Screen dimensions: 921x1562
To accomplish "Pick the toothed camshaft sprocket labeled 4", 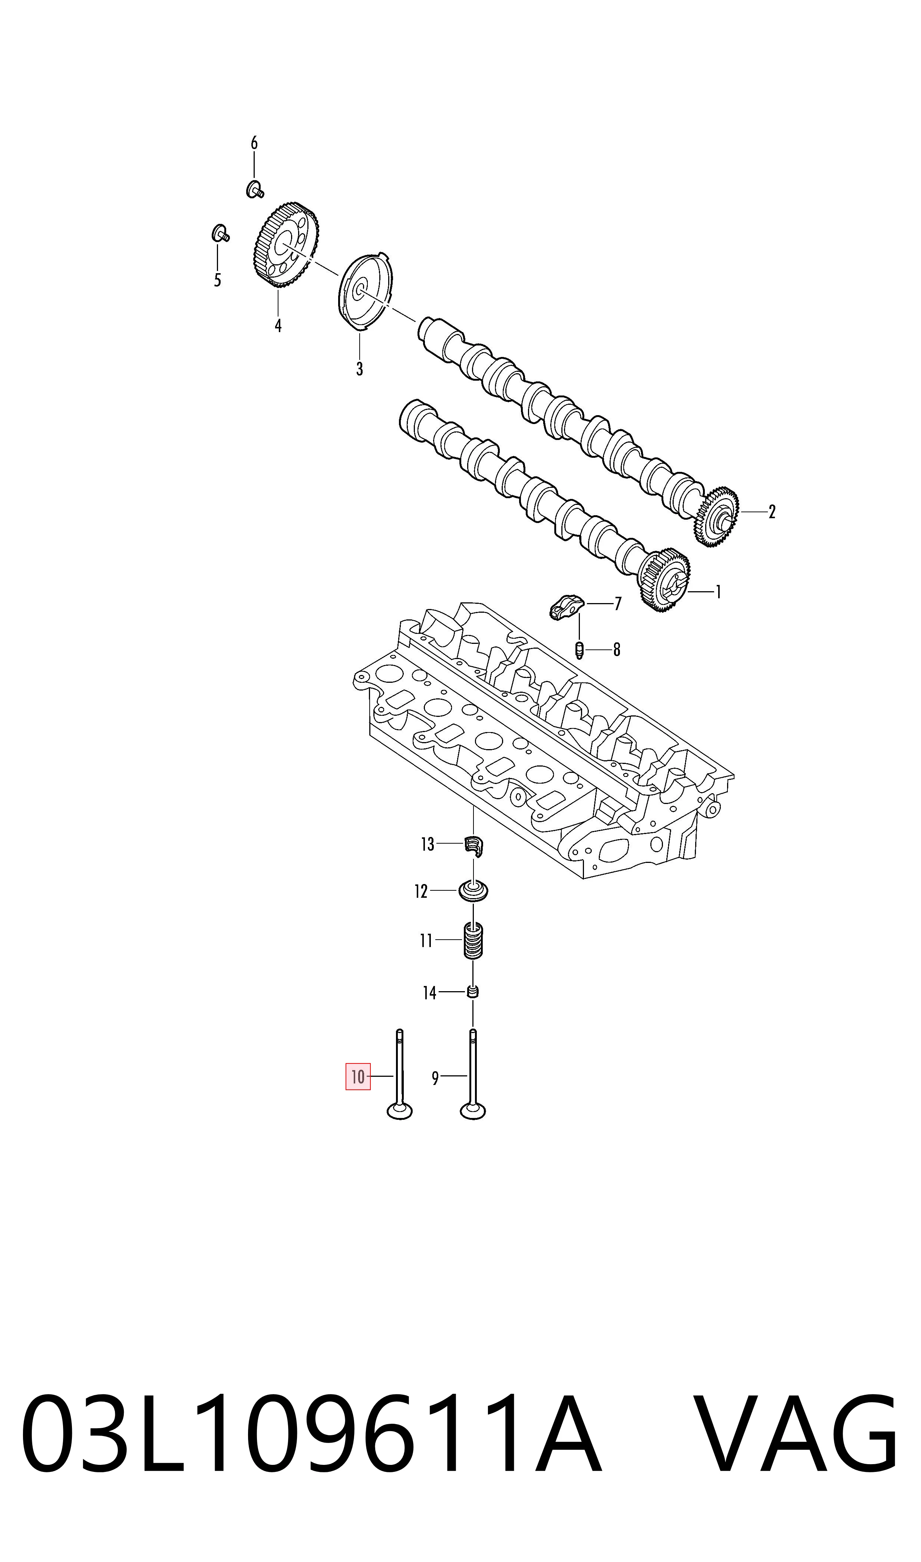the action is [x=286, y=246].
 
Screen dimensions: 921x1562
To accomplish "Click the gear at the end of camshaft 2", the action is [x=717, y=516].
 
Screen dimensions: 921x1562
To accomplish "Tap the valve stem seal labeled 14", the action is [x=473, y=993].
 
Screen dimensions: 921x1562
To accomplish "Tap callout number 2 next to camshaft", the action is [x=772, y=512].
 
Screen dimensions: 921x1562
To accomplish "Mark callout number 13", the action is [x=428, y=844].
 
